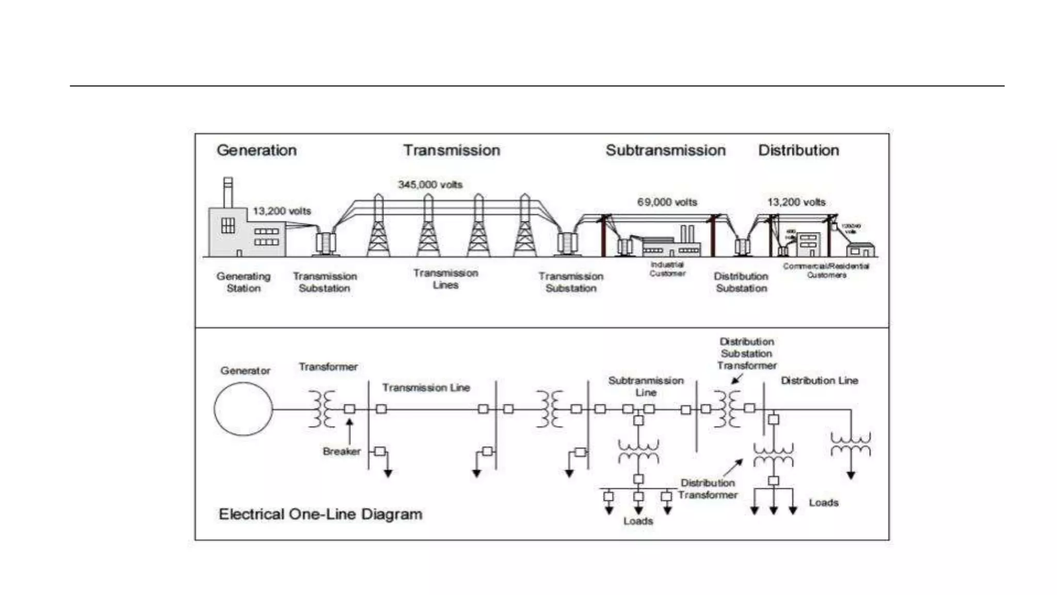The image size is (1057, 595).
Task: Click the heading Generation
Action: pos(257,150)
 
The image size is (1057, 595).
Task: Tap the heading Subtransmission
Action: pos(665,150)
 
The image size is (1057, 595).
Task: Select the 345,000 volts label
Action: pos(430,184)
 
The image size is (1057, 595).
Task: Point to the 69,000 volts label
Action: pos(667,202)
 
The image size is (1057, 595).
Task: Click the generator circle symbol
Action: pos(243,410)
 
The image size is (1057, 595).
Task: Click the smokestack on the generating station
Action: pos(228,192)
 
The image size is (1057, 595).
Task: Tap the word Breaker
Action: pos(341,451)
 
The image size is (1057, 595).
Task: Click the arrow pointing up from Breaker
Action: pos(349,431)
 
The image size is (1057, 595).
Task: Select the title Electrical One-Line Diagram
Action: pos(321,514)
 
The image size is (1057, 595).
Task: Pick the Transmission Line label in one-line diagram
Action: pos(426,387)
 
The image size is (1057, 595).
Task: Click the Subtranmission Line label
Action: pos(646,386)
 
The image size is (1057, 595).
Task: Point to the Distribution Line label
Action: pos(819,381)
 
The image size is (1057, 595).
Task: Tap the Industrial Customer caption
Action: pos(667,269)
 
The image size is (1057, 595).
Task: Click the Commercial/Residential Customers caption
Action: pos(826,270)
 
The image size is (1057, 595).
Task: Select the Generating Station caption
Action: pos(243,282)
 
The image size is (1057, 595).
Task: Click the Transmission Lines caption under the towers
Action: pos(445,279)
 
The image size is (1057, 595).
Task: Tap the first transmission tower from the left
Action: pos(378,227)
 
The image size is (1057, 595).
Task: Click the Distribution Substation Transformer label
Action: pos(746,354)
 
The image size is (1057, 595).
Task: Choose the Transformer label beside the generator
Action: pos(328,367)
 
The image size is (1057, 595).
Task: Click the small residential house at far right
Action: pos(860,249)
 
